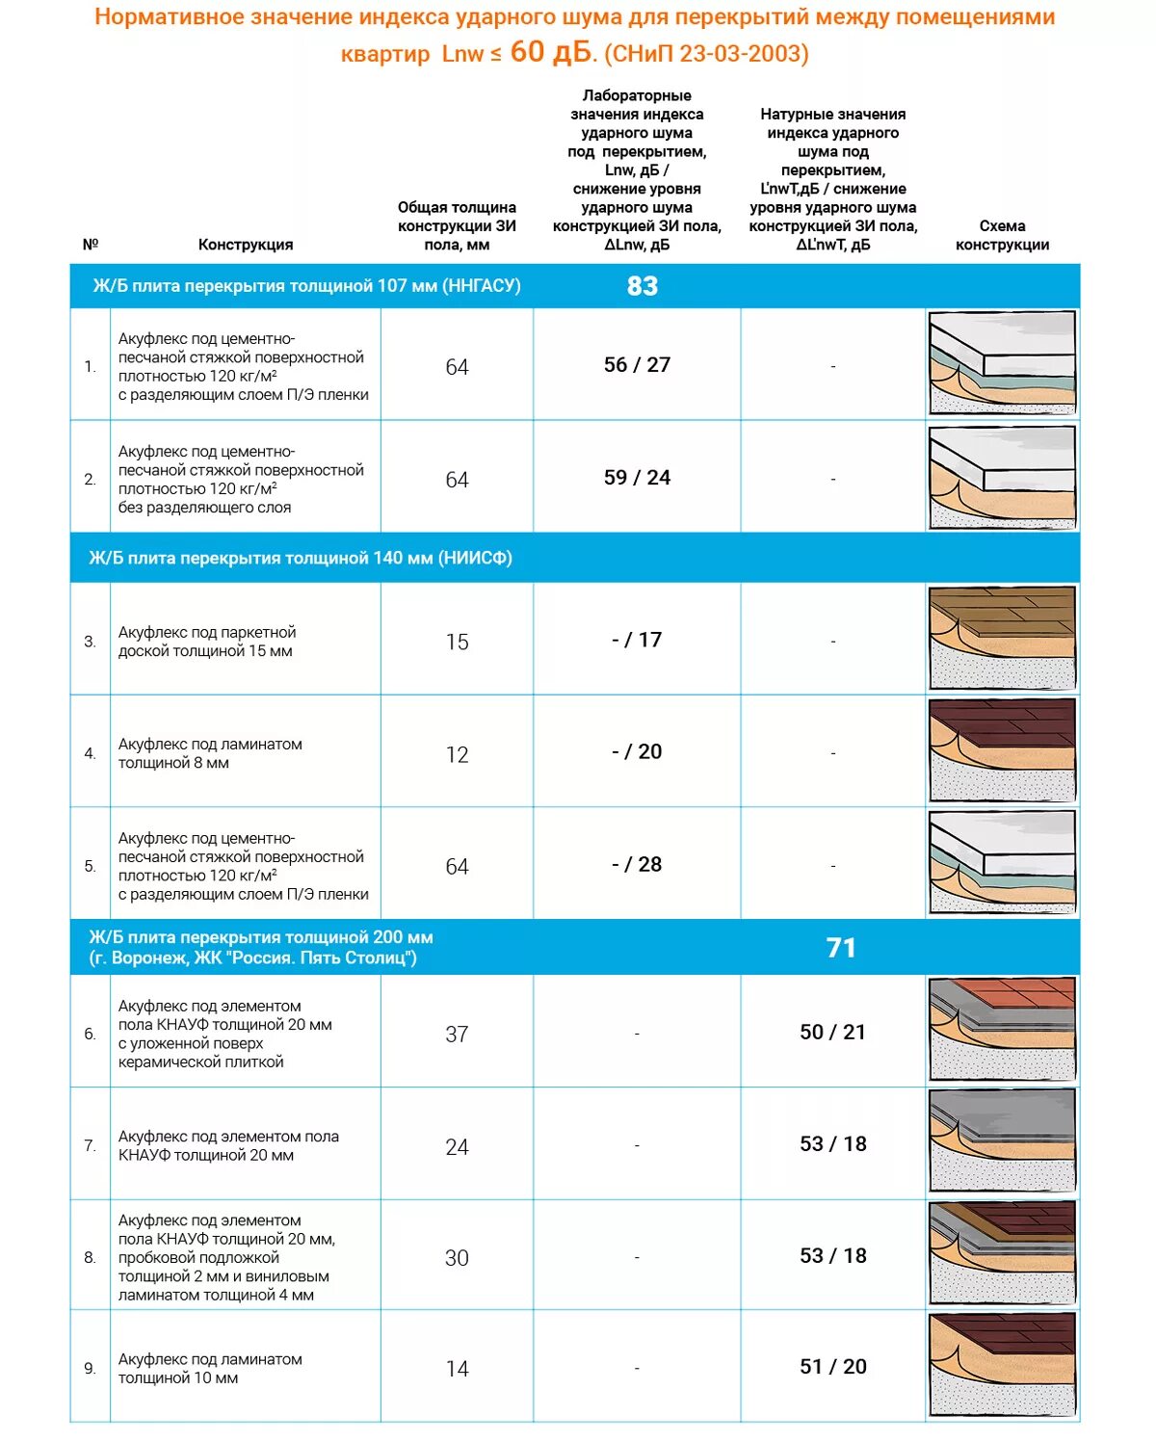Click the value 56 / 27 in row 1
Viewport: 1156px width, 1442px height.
[637, 365]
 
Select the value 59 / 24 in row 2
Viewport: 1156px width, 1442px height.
[637, 478]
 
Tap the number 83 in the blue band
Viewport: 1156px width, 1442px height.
[643, 286]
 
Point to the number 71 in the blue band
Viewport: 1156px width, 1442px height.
[841, 948]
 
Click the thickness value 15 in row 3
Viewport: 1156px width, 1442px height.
[458, 642]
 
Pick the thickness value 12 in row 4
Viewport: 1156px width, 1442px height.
[458, 754]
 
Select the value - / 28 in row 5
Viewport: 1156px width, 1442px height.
[637, 865]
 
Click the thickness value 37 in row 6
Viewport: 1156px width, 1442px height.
[457, 1035]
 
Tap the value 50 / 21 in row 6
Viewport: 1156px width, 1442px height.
[832, 1033]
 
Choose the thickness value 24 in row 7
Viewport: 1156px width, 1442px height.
[457, 1147]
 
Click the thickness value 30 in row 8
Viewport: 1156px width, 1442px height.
[457, 1258]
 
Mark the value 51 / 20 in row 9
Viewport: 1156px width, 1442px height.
[833, 1367]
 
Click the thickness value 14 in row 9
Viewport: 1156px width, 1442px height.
[457, 1369]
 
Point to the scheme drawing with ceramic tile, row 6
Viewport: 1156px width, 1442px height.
[1002, 1030]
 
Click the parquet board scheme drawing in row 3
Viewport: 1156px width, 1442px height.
[1002, 638]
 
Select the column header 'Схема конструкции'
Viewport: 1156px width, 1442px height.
[1002, 235]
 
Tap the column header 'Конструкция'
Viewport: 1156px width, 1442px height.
[246, 245]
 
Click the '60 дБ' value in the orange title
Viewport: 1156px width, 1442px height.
[550, 52]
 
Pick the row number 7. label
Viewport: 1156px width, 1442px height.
[90, 1146]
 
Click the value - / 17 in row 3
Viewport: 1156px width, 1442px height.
[637, 641]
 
